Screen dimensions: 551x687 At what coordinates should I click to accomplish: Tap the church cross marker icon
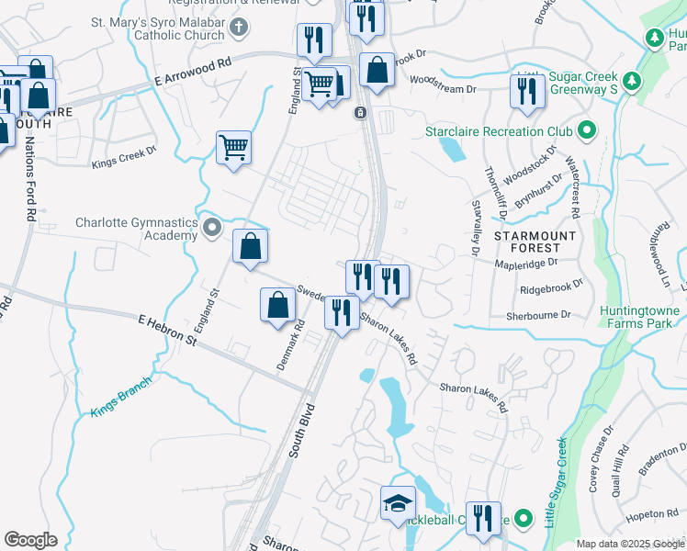coord(238,27)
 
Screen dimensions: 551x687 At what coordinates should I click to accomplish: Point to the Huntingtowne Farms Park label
coord(639,317)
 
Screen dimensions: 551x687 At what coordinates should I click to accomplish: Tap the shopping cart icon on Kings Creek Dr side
coord(234,146)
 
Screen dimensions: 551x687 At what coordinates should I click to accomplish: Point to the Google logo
coord(29,540)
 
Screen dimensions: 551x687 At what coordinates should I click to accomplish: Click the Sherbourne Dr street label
coord(538,314)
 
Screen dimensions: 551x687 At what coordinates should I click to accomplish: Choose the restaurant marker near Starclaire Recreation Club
coord(526,91)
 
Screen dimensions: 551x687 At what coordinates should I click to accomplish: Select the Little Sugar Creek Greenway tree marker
coord(631,82)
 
